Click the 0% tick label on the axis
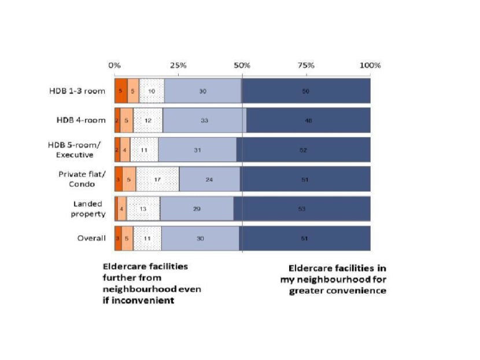click(115, 65)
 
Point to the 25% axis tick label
click(178, 65)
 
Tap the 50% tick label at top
click(242, 65)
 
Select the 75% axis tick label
click(306, 65)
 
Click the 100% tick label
click(370, 65)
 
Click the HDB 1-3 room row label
click(76, 91)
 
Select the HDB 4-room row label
click(80, 120)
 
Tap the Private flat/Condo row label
click(81, 179)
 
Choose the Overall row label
click(92, 238)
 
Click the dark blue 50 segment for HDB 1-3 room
click(306, 91)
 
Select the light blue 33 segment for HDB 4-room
click(204, 120)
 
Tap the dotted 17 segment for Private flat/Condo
click(157, 179)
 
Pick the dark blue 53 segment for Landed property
click(302, 208)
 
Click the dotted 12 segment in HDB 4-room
click(148, 120)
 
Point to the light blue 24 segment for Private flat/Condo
click(209, 179)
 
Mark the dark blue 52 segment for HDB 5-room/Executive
click(303, 150)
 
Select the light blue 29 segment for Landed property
click(197, 208)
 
